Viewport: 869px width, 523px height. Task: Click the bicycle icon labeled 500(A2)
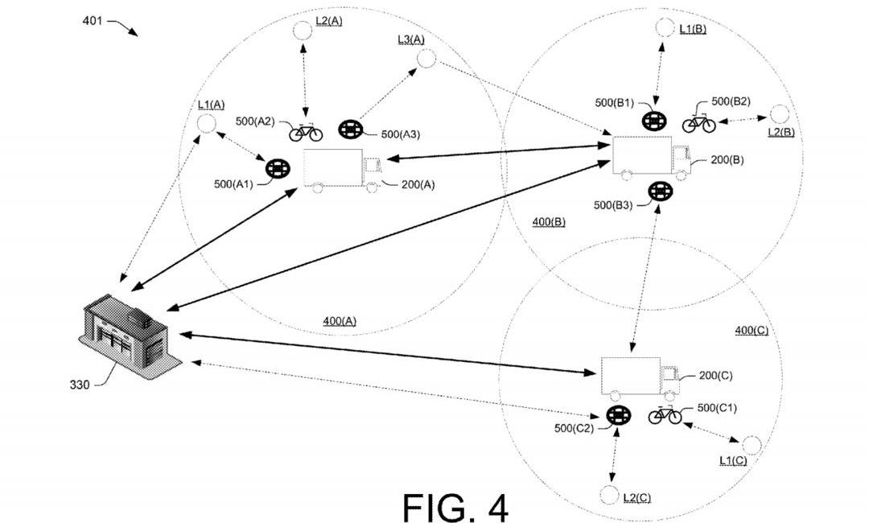(306, 132)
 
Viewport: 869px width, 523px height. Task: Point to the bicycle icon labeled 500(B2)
(698, 122)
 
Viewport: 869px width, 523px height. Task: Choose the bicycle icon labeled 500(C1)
(665, 415)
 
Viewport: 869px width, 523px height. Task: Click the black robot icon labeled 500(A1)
(278, 169)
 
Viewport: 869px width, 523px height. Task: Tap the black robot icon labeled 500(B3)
(660, 191)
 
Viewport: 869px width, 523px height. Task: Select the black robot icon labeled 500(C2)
(618, 416)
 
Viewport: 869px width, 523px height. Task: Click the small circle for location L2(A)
(302, 31)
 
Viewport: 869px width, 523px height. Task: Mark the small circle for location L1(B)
(664, 27)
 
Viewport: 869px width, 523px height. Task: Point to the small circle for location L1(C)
(752, 444)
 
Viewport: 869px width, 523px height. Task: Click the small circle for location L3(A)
(425, 58)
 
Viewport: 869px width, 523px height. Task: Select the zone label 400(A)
(340, 320)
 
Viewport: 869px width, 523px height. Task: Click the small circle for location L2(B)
(779, 114)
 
